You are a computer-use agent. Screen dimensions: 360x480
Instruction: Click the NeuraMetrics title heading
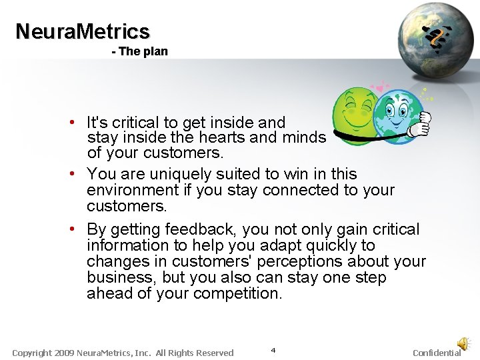[x=83, y=31]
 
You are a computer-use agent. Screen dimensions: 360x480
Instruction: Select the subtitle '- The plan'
[x=140, y=51]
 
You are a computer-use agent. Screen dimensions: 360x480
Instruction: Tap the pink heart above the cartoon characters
[x=380, y=89]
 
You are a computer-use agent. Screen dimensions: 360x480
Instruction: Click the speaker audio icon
[x=462, y=343]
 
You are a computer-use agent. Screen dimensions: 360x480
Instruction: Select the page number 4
[x=273, y=350]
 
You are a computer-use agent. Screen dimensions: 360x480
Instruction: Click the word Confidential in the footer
[x=437, y=353]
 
